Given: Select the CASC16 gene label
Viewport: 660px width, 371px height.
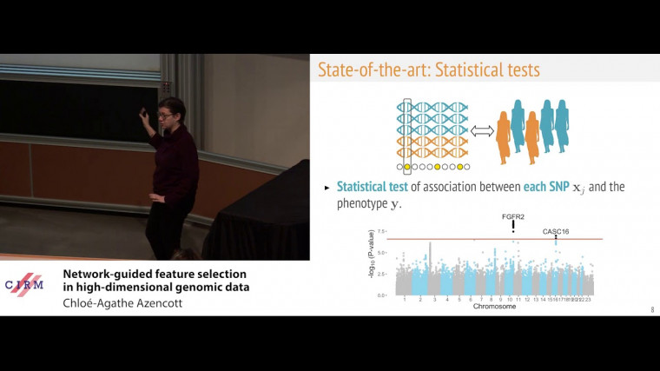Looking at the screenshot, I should click(556, 231).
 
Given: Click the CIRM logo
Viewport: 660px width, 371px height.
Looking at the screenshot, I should click(25, 284).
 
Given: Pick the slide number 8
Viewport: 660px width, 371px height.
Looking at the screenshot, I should click(651, 310).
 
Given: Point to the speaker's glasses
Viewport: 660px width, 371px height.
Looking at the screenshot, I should click(164, 113).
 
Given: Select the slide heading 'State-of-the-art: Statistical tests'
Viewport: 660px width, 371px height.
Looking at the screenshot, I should click(428, 69).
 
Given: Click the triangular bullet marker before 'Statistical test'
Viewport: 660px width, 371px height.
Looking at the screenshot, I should click(327, 188).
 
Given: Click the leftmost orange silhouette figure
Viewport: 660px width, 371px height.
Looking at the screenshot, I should click(505, 136).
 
